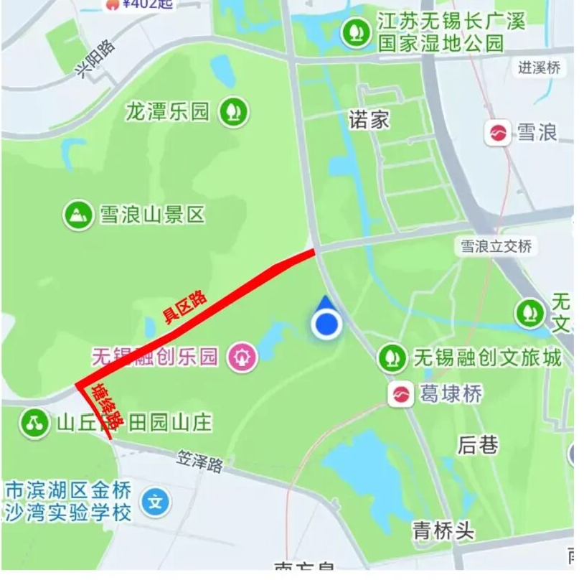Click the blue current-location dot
tap(326, 324)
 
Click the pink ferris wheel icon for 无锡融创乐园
tap(242, 357)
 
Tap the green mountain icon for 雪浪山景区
tap(77, 214)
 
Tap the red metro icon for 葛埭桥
tap(401, 394)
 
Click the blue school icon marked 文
tap(155, 502)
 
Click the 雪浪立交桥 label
tap(496, 246)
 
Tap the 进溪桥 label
tap(539, 68)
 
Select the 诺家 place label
tap(369, 119)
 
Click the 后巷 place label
tap(478, 445)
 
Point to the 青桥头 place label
tap(443, 531)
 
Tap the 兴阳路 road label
tap(96, 57)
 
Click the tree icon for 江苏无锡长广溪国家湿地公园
tap(354, 32)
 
